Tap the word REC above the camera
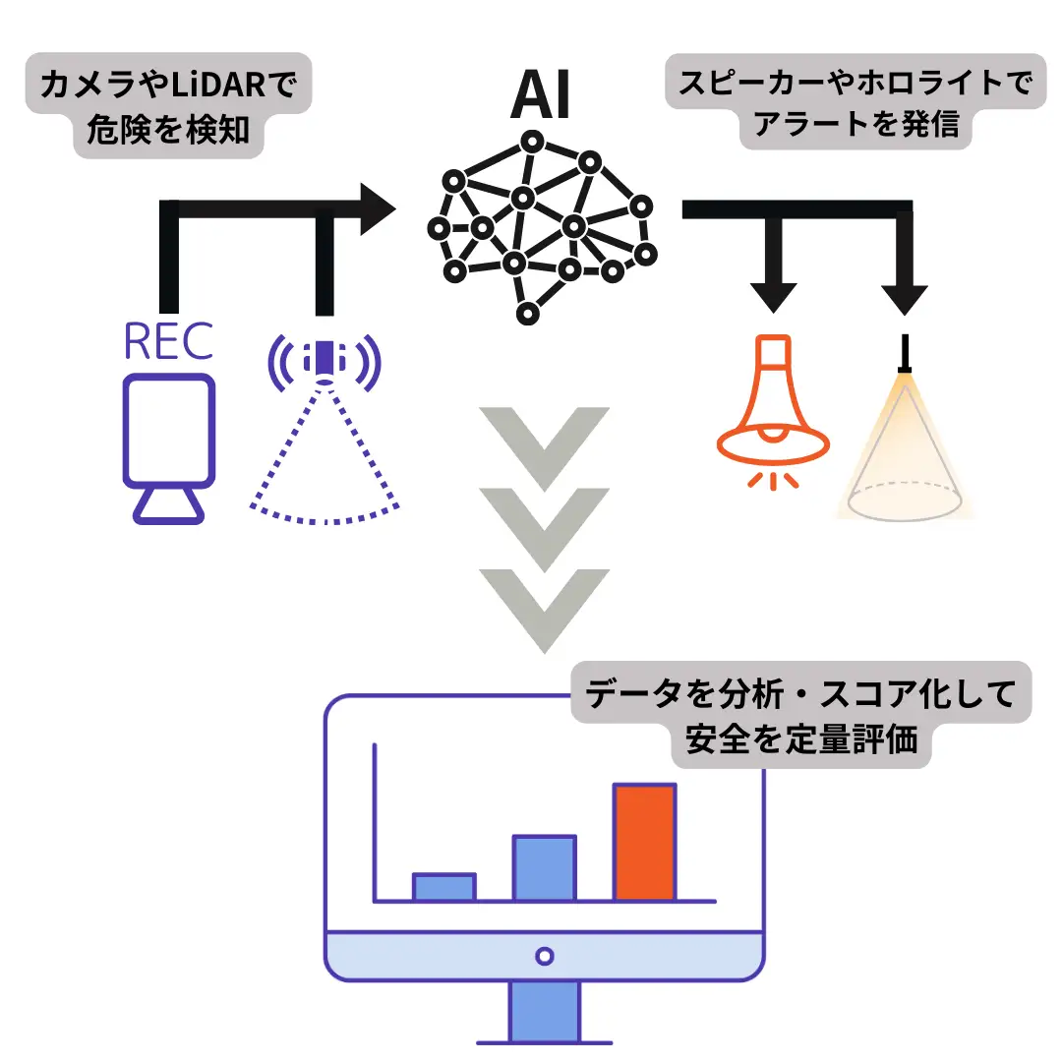tap(168, 341)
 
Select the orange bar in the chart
tap(645, 842)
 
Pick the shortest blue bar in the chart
tap(444, 887)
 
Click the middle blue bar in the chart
tap(545, 868)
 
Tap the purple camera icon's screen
tap(168, 429)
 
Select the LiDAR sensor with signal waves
tap(324, 363)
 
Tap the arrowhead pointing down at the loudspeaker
tap(774, 293)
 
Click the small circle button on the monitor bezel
tap(544, 955)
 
